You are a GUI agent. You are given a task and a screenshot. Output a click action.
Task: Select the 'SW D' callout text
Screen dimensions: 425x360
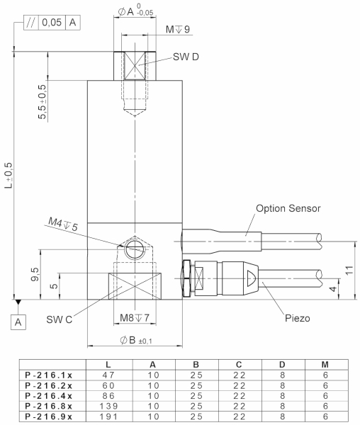coord(180,57)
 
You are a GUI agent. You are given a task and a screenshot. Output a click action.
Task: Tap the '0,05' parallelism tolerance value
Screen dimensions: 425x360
coord(50,23)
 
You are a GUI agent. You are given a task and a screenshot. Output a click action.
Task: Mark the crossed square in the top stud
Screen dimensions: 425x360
coord(133,66)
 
